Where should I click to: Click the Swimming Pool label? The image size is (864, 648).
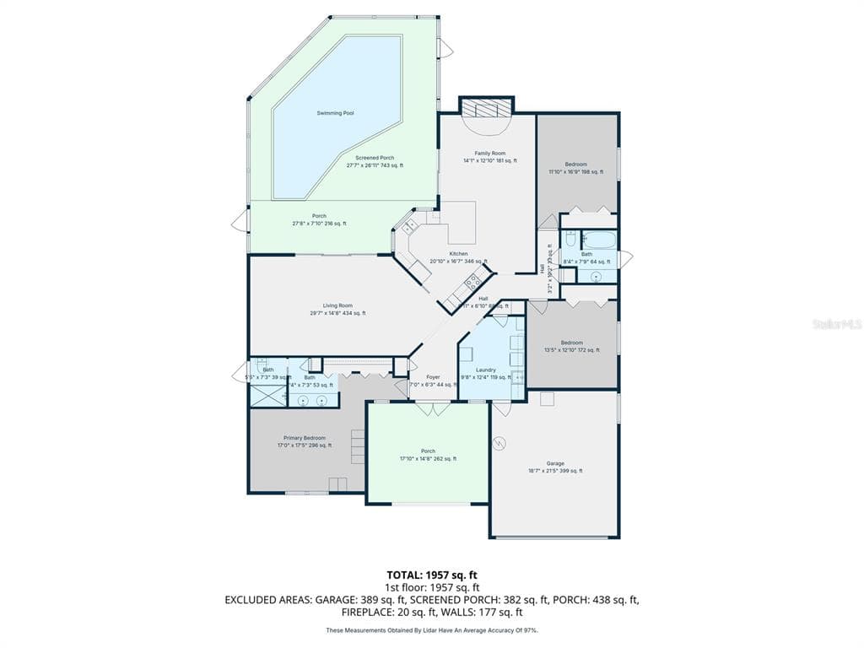click(x=335, y=113)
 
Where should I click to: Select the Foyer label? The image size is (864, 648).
click(x=433, y=377)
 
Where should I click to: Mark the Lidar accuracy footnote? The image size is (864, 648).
click(x=431, y=630)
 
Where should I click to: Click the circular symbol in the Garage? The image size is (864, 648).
click(x=499, y=441)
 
